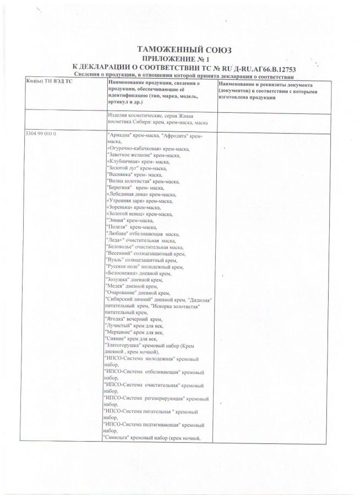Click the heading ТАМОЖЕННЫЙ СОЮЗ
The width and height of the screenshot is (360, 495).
pyautogui.click(x=180, y=48)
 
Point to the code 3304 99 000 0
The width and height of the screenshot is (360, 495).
pyautogui.click(x=42, y=134)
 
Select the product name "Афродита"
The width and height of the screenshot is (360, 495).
pyautogui.click(x=171, y=135)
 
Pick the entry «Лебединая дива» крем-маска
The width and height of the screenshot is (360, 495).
pyautogui.click(x=140, y=194)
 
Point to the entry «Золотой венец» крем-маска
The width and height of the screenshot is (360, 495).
pyautogui.click(x=138, y=213)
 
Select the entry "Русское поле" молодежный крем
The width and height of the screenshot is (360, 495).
pyautogui.click(x=145, y=266)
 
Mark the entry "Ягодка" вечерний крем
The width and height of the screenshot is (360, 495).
pyautogui.click(x=133, y=319)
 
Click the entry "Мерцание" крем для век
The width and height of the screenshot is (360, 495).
pyautogui.click(x=134, y=332)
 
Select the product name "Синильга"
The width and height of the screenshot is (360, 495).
pyautogui.click(x=117, y=438)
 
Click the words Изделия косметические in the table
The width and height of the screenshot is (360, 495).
pyautogui.click(x=132, y=116)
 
